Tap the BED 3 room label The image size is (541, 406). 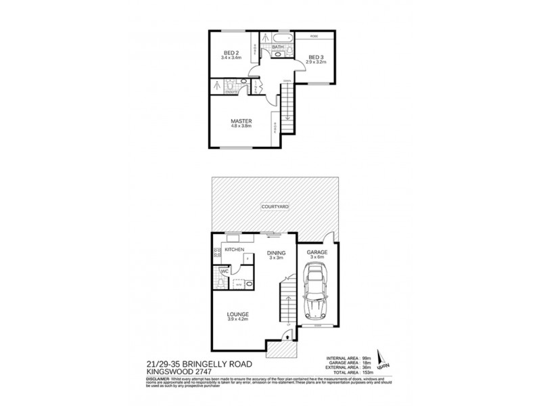[x=316, y=57]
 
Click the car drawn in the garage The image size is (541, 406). [x=316, y=293]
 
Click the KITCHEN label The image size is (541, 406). [x=234, y=250]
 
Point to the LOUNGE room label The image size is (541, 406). [x=239, y=314]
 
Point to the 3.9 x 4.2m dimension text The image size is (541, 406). [x=239, y=319]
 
